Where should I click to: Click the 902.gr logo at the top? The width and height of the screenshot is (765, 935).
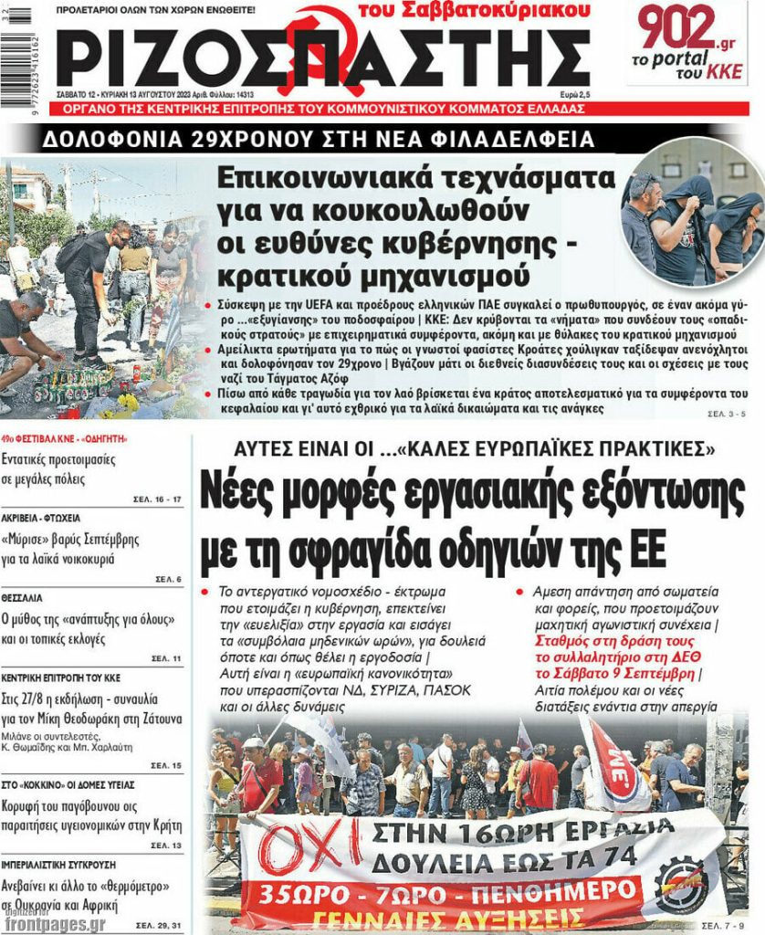[x=689, y=30]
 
